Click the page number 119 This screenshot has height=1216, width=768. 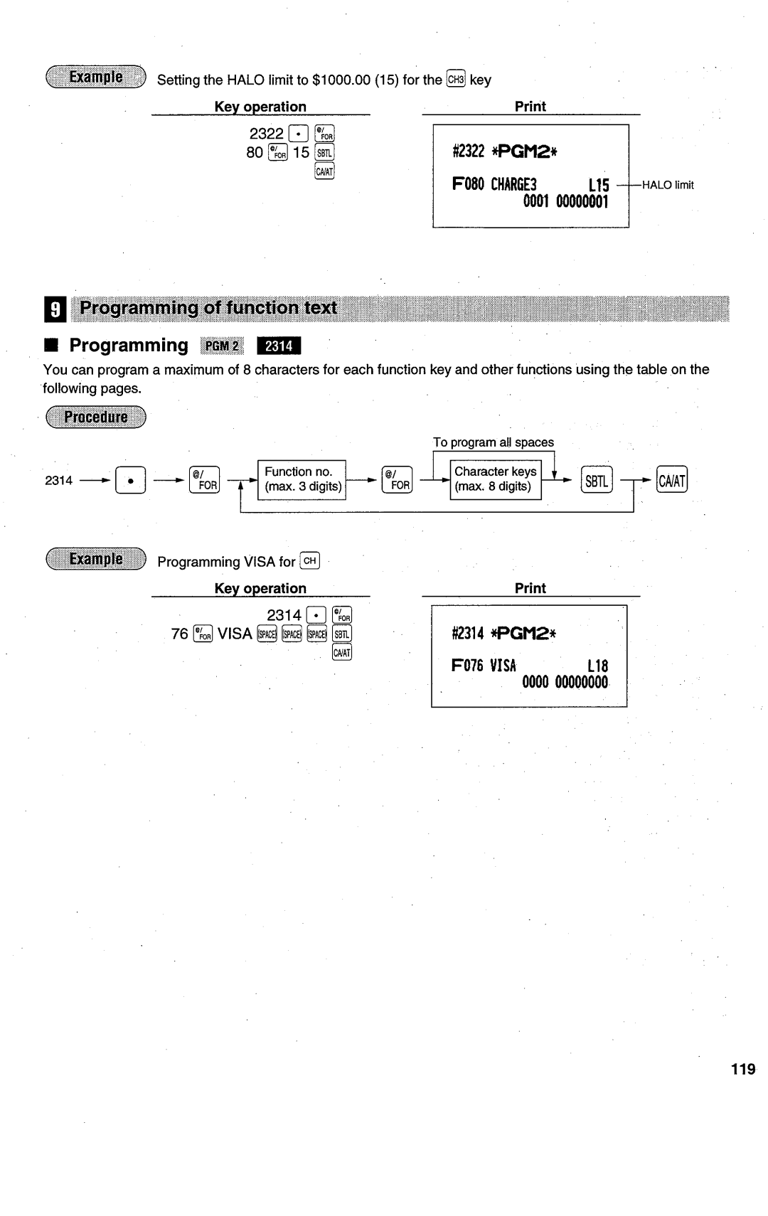[x=742, y=1069]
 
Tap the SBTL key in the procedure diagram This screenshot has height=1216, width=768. [x=596, y=481]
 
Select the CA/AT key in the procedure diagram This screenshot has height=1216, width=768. [x=672, y=481]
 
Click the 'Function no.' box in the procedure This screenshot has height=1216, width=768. [x=302, y=479]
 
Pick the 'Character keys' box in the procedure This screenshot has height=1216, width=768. [x=495, y=479]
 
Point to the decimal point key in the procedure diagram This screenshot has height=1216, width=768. [x=131, y=481]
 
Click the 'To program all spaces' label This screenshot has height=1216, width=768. [x=493, y=442]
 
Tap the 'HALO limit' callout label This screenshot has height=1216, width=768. [x=668, y=185]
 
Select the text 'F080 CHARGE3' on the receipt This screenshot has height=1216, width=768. [x=494, y=184]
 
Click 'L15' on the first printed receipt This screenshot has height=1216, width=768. [x=598, y=186]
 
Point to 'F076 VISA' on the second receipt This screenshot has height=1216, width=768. [x=484, y=666]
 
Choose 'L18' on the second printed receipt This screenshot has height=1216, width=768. [x=597, y=666]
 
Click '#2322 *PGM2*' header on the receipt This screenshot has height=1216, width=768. [x=504, y=151]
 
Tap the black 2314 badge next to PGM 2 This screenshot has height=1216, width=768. [x=279, y=346]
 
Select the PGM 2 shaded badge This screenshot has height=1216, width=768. [x=222, y=346]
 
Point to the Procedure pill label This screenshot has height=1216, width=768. [x=95, y=417]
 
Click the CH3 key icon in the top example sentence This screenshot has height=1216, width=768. [x=455, y=79]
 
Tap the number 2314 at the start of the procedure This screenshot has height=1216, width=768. [x=58, y=481]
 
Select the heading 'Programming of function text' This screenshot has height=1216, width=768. [x=208, y=308]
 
